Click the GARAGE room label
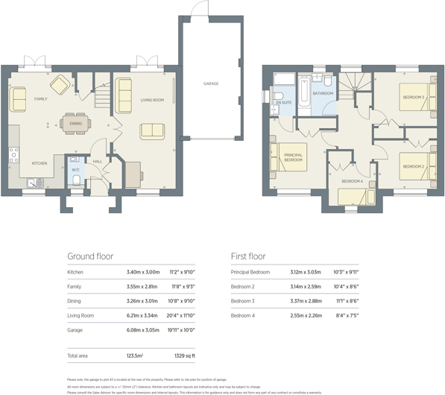pyautogui.click(x=211, y=84)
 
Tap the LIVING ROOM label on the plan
pyautogui.click(x=152, y=99)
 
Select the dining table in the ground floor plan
pyautogui.click(x=75, y=124)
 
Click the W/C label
pyautogui.click(x=75, y=170)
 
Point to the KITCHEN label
pyautogui.click(x=39, y=162)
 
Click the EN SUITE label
pyautogui.click(x=283, y=102)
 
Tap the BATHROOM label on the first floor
pyautogui.click(x=323, y=93)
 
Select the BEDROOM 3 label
pyautogui.click(x=414, y=97)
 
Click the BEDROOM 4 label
pyautogui.click(x=352, y=181)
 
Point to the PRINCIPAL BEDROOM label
pyautogui.click(x=293, y=157)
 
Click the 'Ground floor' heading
pyautogui.click(x=90, y=256)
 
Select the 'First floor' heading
pyautogui.click(x=248, y=256)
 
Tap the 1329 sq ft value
pyautogui.click(x=184, y=356)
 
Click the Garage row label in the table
pyautogui.click(x=75, y=329)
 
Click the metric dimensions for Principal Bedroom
pyautogui.click(x=306, y=272)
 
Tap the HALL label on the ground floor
pyautogui.click(x=98, y=161)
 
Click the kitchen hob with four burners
pyautogui.click(x=13, y=154)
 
